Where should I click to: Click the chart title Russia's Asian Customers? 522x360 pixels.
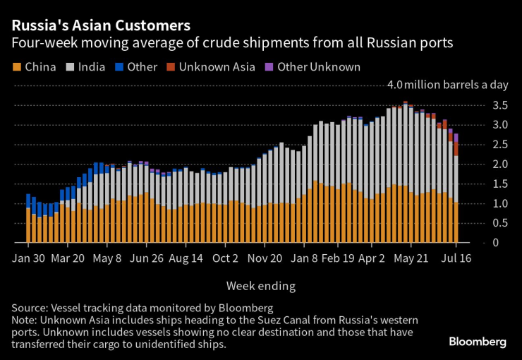(x=99, y=25)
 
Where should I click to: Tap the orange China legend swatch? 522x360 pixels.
(x=17, y=68)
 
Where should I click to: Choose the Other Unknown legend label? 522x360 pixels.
(x=319, y=68)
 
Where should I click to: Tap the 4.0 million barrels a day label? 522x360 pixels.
(x=448, y=85)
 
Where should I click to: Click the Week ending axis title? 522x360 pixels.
(x=260, y=286)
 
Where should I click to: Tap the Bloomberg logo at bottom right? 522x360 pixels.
(x=478, y=342)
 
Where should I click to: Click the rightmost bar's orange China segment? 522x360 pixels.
(x=456, y=222)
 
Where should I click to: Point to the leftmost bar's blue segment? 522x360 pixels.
(x=28, y=200)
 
